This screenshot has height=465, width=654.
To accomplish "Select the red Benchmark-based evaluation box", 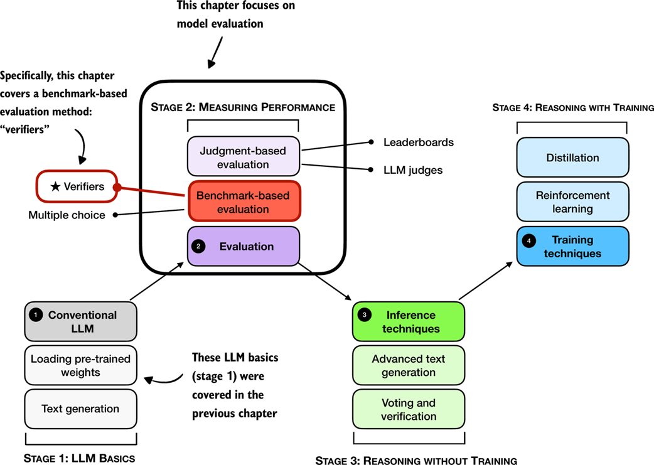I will (x=244, y=202).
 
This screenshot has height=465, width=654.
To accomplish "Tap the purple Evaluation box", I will (x=244, y=247).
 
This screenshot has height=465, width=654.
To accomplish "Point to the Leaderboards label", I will (x=418, y=142).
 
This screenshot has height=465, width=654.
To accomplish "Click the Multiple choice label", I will (x=67, y=215).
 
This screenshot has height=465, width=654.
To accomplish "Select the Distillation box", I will (x=572, y=158).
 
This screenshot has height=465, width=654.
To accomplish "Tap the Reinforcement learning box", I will (x=572, y=202).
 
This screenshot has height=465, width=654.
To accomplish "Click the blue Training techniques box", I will (x=572, y=247).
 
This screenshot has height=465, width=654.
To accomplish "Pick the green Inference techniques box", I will (x=409, y=321).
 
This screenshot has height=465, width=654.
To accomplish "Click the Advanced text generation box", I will (x=409, y=366).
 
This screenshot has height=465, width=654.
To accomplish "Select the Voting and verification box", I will (x=409, y=409).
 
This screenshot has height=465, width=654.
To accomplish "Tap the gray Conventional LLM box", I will (x=80, y=321).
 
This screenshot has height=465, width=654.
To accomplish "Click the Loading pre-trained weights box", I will (x=80, y=366).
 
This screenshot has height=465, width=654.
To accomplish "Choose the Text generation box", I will (x=80, y=409).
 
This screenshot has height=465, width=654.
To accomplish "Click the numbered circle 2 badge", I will (x=198, y=247).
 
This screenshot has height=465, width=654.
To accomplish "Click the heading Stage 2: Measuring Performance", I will (x=243, y=107).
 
